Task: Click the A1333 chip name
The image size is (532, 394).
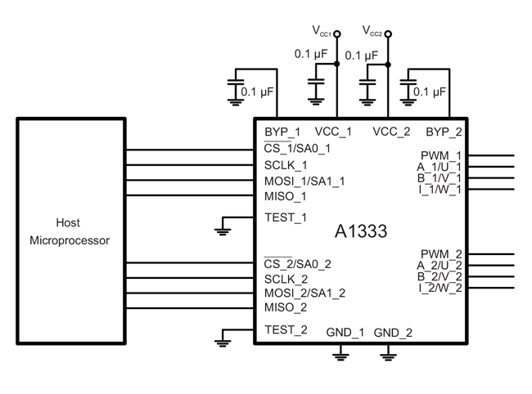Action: (361, 231)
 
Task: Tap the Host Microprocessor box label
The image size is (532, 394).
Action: (70, 231)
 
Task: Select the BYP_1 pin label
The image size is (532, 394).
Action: (282, 132)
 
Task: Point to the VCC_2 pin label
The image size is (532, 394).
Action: (391, 132)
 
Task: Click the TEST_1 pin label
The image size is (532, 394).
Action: (286, 217)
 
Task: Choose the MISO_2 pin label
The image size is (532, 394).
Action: (286, 307)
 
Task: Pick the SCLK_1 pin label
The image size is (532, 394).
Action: (286, 164)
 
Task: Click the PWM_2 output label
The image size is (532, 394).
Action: (441, 254)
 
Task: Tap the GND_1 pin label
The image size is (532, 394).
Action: (345, 333)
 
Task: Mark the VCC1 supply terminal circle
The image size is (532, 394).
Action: (337, 34)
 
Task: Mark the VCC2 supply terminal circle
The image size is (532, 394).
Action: (388, 34)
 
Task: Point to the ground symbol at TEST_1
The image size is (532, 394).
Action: (223, 231)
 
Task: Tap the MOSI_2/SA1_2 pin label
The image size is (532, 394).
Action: (304, 293)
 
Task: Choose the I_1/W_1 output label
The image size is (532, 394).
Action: (440, 190)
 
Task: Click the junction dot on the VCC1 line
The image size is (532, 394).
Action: (337, 63)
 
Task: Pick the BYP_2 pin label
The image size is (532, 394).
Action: (444, 132)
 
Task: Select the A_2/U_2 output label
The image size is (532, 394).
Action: (440, 265)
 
